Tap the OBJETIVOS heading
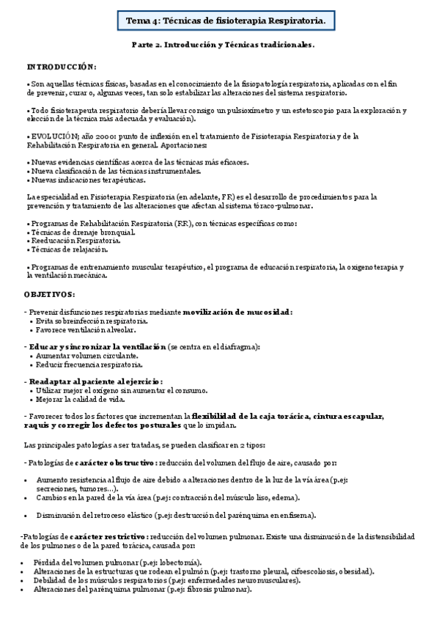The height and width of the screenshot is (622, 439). (49, 293)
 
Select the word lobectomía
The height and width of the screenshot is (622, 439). (179, 562)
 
